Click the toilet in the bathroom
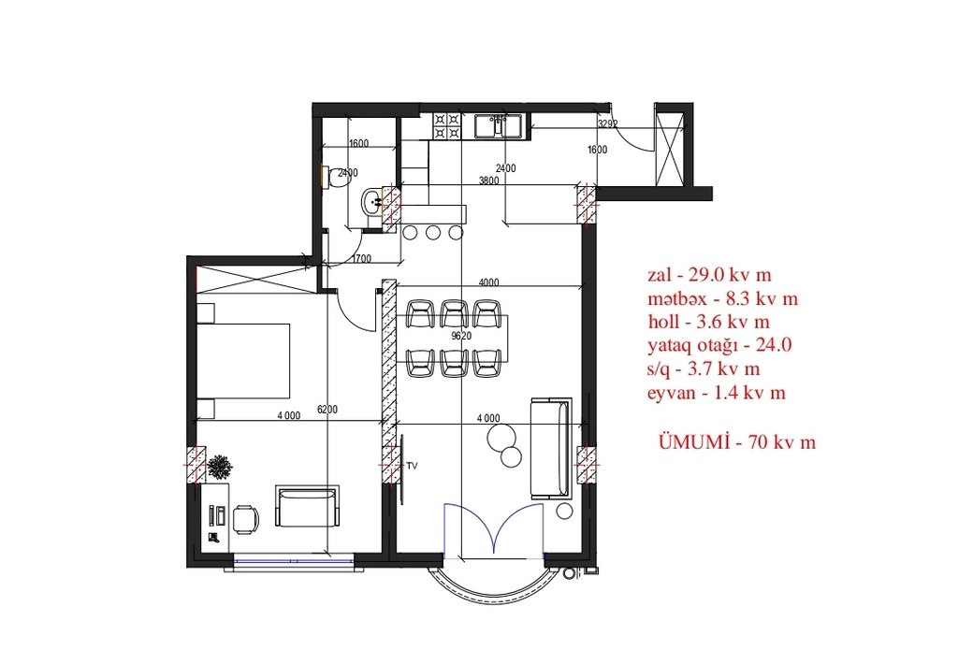click(334, 177)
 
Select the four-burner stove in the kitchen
click(446, 126)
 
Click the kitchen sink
click(498, 127)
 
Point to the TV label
click(413, 466)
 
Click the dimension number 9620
click(461, 336)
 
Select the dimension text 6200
click(327, 410)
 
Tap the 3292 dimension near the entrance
click(607, 124)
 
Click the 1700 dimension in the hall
click(362, 259)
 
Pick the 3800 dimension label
click(488, 180)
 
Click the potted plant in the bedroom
click(219, 468)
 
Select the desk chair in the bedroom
click(245, 520)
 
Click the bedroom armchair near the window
click(307, 506)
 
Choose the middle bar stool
click(433, 233)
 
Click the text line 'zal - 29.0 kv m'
click(709, 275)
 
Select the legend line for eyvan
click(717, 393)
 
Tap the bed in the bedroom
click(243, 360)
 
